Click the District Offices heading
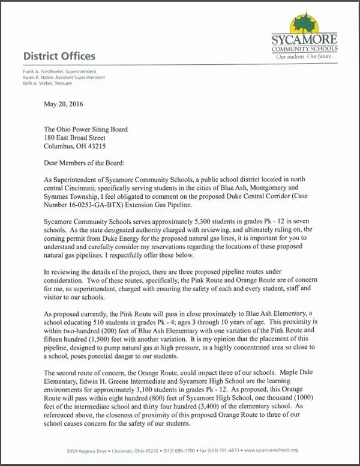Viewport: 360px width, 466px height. (x=59, y=56)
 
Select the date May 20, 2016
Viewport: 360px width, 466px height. (x=64, y=104)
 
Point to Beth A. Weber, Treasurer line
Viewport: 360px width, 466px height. (x=49, y=83)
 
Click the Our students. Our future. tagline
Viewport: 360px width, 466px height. (x=304, y=56)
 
